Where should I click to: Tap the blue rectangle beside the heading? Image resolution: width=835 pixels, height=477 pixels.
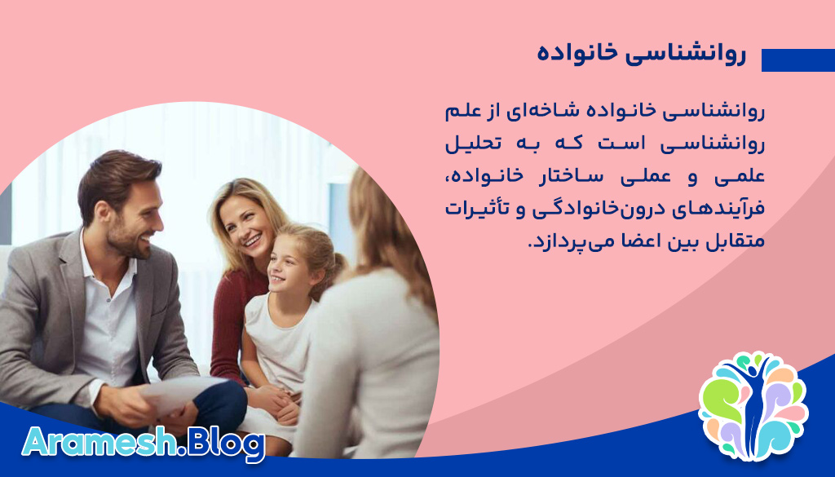pyautogui.click(x=797, y=60)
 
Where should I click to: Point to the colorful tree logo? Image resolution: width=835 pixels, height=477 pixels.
pyautogui.click(x=753, y=405)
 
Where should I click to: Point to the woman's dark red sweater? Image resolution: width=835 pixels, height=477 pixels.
pyautogui.click(x=229, y=326)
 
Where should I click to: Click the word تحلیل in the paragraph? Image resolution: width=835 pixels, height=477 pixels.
pyautogui.click(x=472, y=144)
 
